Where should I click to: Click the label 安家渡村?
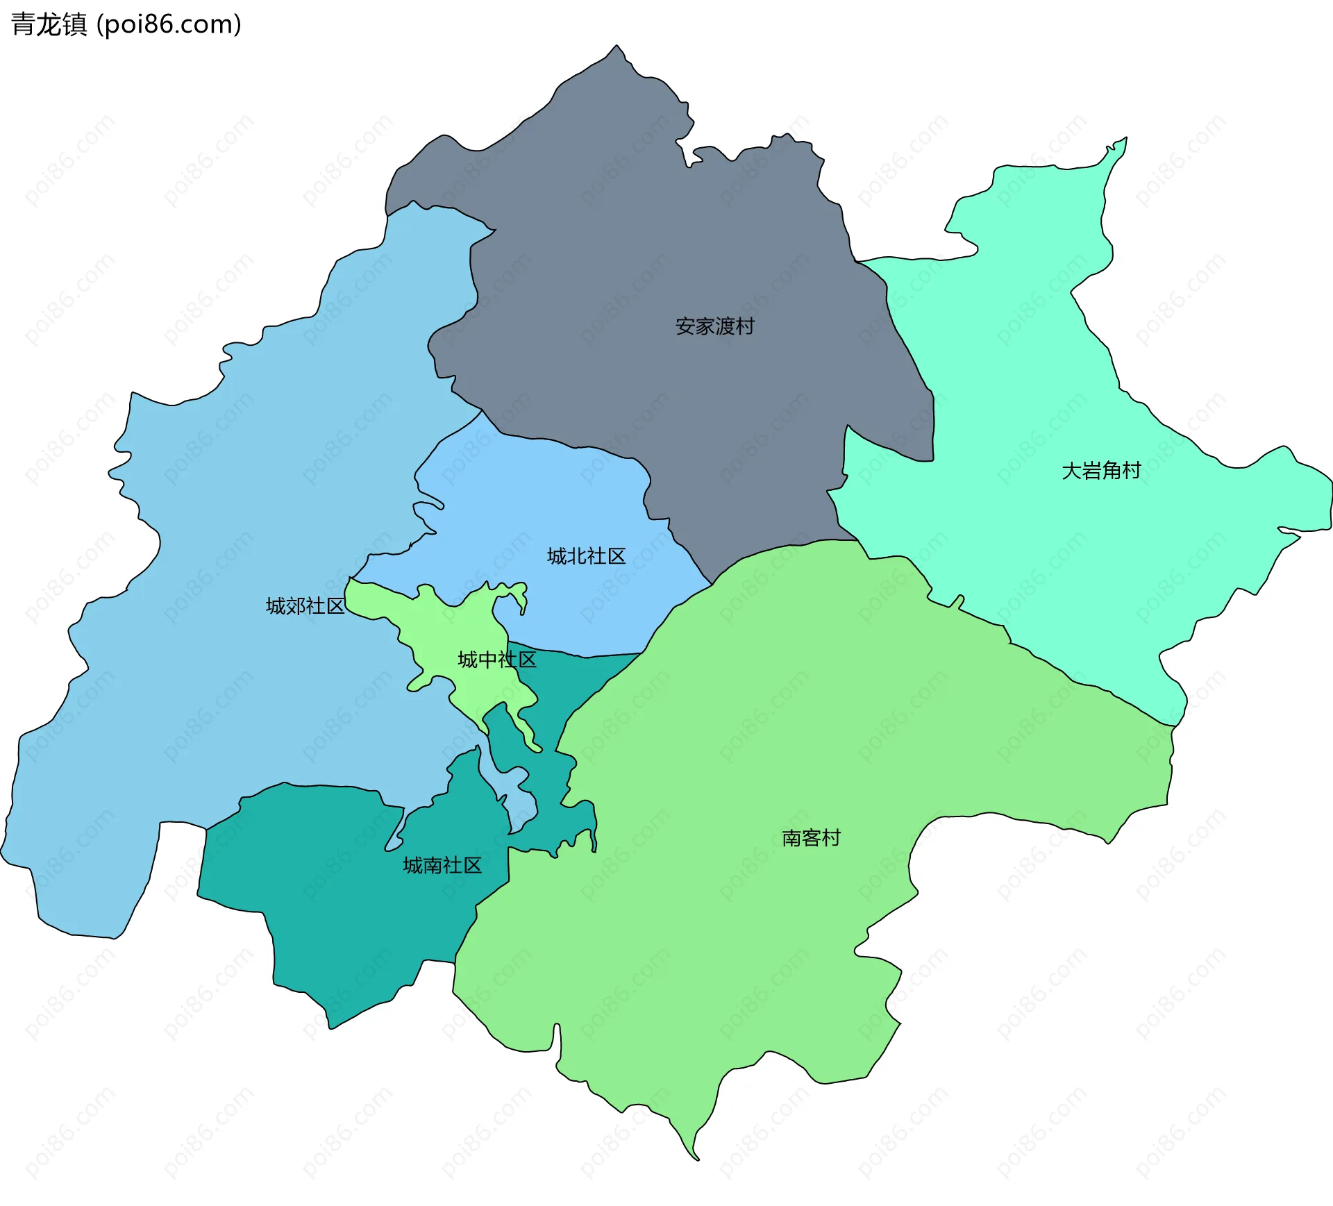pos(714,326)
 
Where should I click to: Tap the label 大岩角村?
pos(1101,471)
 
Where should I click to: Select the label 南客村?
pos(811,838)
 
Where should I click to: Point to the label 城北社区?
pos(586,556)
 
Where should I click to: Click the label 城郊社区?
pos(305,606)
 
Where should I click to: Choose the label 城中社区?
pos(497,660)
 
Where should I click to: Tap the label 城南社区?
pos(442,865)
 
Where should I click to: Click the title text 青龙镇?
pos(49,24)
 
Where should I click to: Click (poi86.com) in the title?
pos(169,24)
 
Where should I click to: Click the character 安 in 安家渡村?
pos(685,326)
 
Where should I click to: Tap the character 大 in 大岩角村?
pos(1072,471)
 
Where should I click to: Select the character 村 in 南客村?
pos(831,838)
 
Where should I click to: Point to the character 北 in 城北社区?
pos(576,556)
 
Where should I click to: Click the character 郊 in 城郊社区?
pos(296,606)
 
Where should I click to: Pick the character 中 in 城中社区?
pos(487,660)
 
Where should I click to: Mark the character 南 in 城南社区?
pos(433,865)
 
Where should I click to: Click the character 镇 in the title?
pos(75,24)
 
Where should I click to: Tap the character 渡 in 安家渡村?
pos(725,326)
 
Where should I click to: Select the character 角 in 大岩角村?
pos(1112,471)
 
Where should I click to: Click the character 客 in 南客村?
pos(811,838)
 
